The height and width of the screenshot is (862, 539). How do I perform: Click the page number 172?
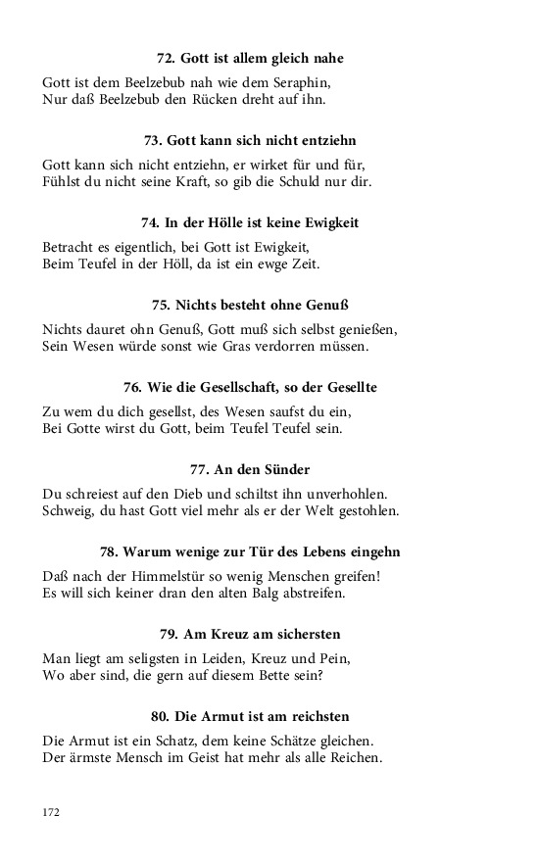(x=52, y=812)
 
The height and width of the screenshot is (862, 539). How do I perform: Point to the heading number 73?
(x=153, y=141)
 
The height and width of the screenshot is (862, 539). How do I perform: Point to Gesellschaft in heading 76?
(x=244, y=387)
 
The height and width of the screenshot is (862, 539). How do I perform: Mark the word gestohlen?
(x=364, y=510)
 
